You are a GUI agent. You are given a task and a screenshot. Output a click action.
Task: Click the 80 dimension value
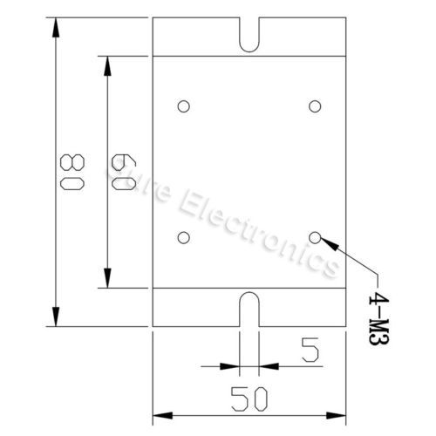point(72,172)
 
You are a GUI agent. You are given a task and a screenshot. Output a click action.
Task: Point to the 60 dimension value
point(124,172)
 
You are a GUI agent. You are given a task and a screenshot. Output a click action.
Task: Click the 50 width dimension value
point(249,399)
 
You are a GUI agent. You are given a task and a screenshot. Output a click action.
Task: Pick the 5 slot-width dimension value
point(310,350)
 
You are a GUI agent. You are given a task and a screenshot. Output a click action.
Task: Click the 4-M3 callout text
point(378,319)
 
